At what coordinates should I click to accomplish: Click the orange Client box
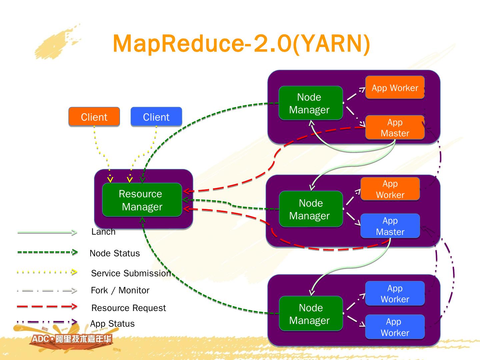coord(94,117)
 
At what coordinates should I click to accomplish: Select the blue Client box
coord(156,117)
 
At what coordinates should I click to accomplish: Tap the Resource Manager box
coord(142,200)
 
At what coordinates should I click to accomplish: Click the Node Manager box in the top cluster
coord(310,103)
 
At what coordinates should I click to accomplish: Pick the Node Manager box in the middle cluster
coord(311,209)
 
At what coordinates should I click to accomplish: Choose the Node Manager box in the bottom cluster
coord(311,314)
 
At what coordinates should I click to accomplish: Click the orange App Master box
coord(395,127)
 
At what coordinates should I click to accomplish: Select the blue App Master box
coord(390,226)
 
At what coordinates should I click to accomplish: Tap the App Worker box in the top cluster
coord(395,88)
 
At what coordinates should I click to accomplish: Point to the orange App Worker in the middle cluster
coord(390,189)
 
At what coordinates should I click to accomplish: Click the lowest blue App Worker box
coord(395,327)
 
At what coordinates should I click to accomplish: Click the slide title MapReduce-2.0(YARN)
coord(241,43)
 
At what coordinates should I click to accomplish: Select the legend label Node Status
coord(115,253)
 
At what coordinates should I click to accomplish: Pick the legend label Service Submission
coord(131,273)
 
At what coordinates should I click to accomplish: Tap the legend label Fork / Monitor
coord(120,290)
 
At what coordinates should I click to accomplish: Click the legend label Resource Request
coord(128,308)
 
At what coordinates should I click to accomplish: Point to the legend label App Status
coord(112,324)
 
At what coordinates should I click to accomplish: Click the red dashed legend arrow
coord(47,306)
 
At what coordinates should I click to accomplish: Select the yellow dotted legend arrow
coord(47,272)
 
